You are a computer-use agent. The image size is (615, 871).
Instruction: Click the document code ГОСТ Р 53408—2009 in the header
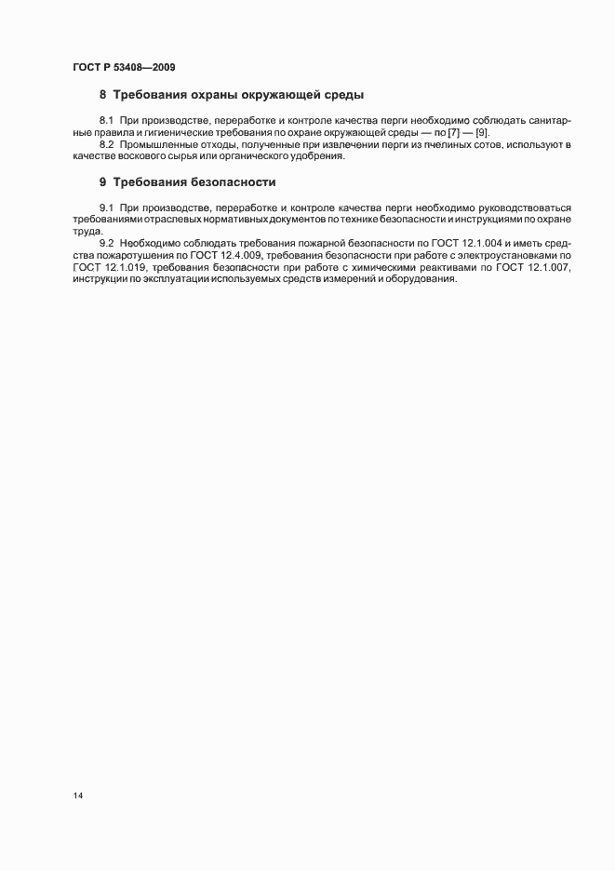[x=123, y=67]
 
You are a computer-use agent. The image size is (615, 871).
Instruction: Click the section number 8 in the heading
[x=103, y=95]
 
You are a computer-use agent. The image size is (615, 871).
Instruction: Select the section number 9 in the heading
[x=103, y=181]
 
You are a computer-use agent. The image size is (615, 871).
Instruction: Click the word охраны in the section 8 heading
[x=210, y=95]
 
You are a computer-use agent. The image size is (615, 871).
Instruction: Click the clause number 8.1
[x=106, y=122]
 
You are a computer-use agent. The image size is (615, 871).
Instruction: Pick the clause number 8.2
[x=106, y=144]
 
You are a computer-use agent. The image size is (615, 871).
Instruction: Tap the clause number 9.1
[x=106, y=208]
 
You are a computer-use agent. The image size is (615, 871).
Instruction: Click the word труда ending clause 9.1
[x=87, y=230]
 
